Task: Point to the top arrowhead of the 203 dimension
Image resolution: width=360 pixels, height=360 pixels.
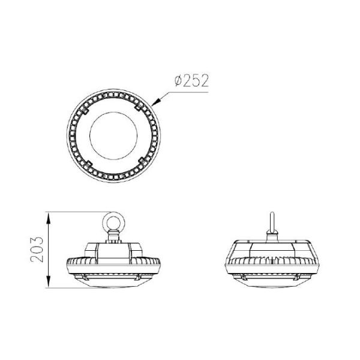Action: pos(48,214)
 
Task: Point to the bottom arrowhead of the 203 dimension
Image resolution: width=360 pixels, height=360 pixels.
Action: pos(48,286)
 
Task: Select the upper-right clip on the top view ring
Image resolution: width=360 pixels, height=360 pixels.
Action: pos(140,107)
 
